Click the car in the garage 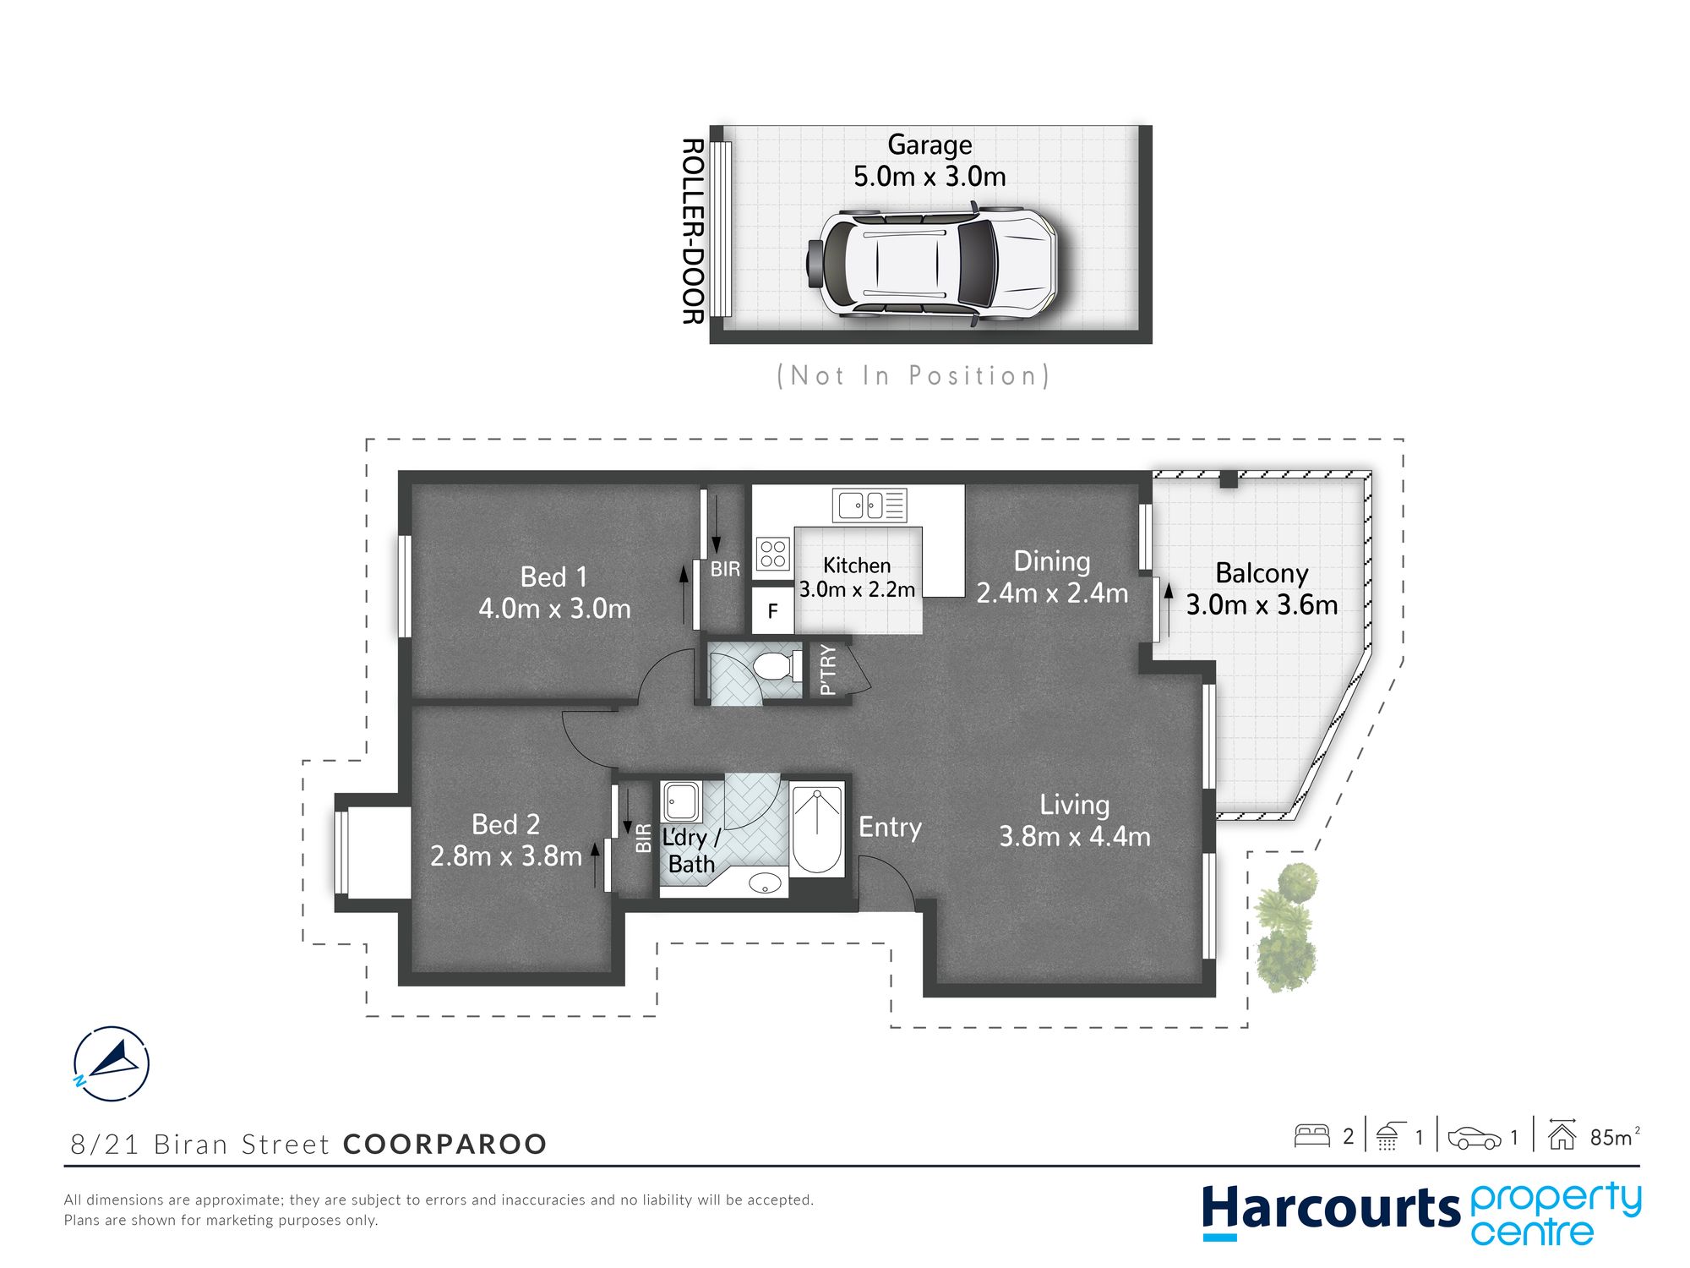point(932,262)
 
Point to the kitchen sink point(869,506)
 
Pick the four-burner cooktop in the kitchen point(773,555)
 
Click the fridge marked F point(772,610)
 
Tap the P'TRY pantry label point(828,670)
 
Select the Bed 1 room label point(553,577)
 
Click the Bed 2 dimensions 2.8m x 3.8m point(506,856)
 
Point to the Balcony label point(1262,574)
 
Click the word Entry point(890,827)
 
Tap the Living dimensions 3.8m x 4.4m point(1075,837)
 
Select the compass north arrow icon point(112,1063)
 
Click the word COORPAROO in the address point(445,1144)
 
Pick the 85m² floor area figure point(1614,1137)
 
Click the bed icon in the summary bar point(1312,1135)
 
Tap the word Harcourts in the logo point(1331,1208)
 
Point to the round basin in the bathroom point(766,883)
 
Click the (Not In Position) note point(913,375)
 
